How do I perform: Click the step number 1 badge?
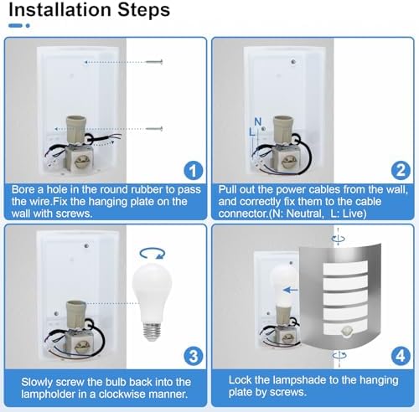[x=193, y=170]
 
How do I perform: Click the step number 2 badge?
[x=401, y=170]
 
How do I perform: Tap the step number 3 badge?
[x=193, y=356]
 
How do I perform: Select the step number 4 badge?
[x=401, y=356]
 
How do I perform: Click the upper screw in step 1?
[x=154, y=62]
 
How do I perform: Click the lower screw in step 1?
[x=154, y=129]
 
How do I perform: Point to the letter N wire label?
[x=258, y=121]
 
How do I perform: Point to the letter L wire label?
[x=252, y=131]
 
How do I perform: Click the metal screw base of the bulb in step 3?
[x=152, y=332]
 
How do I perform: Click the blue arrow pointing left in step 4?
[x=291, y=290]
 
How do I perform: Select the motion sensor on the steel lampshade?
[x=347, y=332]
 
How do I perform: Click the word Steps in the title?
[x=143, y=10]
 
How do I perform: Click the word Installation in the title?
[x=60, y=9]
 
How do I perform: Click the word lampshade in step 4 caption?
[x=305, y=380]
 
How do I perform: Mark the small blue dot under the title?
[x=28, y=26]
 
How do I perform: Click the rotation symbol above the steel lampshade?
[x=339, y=239]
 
